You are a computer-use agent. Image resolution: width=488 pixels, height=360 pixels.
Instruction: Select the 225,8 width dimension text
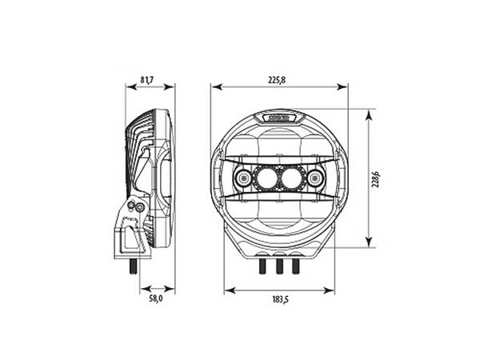coord(278,79)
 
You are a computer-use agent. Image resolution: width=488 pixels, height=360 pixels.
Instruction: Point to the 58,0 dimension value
coord(156,298)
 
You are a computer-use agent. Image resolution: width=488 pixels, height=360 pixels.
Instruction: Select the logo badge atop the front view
coord(279,117)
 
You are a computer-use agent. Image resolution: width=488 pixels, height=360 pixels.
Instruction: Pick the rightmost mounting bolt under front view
coord(295,266)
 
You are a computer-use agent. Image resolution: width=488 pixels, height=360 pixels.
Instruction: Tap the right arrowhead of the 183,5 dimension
coord(330,290)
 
